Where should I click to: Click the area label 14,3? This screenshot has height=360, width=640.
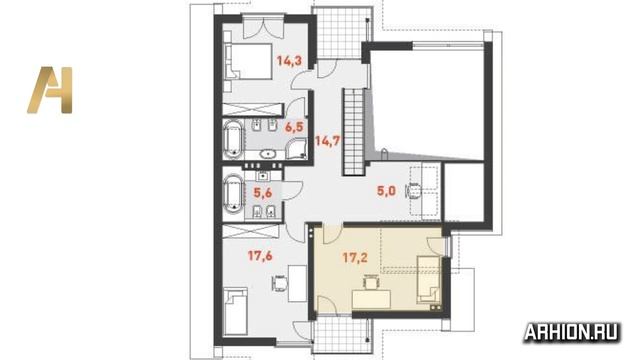tap(289, 61)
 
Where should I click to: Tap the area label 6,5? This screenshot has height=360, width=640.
tap(294, 127)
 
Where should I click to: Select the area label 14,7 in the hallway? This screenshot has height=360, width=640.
tap(327, 141)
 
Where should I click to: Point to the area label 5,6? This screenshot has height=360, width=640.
tap(262, 193)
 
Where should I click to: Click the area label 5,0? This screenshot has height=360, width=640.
tap(386, 191)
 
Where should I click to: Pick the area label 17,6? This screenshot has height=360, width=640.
tap(260, 256)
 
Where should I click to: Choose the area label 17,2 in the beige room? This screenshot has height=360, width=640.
tap(355, 257)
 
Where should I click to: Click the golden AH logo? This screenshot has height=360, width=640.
tap(50, 90)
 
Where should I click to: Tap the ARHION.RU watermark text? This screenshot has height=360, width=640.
tap(571, 332)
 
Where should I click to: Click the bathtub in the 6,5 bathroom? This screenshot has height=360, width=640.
tap(233, 140)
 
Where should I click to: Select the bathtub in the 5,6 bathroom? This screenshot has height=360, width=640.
tap(233, 195)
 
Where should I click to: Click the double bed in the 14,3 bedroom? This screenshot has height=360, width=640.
tap(248, 61)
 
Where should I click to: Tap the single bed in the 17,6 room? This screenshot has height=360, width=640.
tap(235, 312)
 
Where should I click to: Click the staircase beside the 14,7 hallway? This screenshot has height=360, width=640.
tap(353, 131)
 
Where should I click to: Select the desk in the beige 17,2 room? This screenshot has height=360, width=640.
tap(371, 299)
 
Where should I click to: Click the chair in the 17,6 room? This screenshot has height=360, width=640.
tap(280, 283)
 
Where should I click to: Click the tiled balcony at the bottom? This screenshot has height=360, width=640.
tap(342, 336)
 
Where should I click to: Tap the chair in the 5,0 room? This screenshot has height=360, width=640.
tap(414, 191)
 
